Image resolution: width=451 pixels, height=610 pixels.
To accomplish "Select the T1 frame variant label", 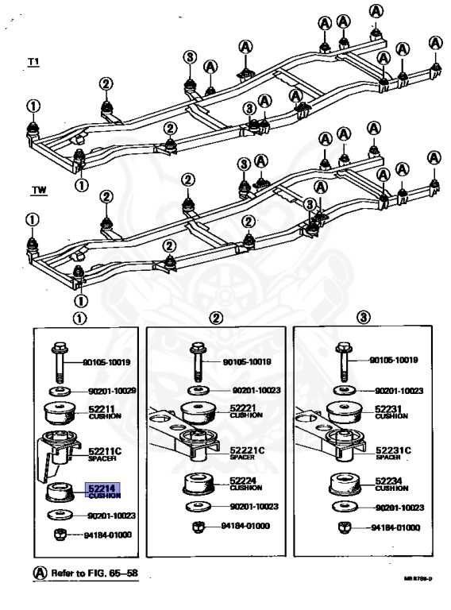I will pos(34,62).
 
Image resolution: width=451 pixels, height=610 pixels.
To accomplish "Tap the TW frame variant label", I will pos(38,191).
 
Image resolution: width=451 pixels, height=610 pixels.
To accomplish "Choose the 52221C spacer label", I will pos(247,453).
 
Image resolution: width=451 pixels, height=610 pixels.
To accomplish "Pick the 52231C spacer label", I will pos(393,453).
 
